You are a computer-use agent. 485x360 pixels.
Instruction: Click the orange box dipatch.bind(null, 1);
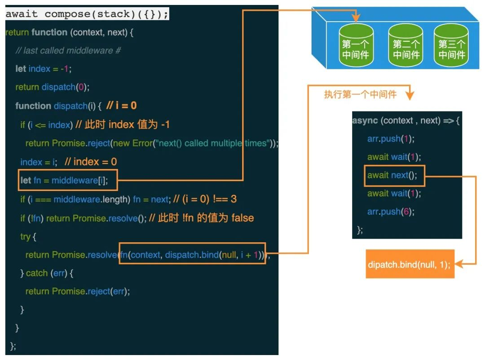[410, 264]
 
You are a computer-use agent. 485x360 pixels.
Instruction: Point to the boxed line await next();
[392, 175]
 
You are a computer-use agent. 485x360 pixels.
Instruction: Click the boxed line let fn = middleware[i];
[68, 180]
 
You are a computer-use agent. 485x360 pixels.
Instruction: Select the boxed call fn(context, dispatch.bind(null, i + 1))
[192, 255]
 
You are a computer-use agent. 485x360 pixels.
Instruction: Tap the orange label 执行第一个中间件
[360, 94]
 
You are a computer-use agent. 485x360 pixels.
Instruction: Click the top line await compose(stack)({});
[87, 14]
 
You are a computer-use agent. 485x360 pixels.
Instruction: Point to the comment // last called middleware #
[68, 50]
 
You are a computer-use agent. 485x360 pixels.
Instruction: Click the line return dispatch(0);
[49, 87]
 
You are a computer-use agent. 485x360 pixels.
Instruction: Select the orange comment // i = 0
[122, 106]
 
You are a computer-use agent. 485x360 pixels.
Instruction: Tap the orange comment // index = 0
[91, 162]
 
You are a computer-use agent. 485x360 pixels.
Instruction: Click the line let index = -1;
[44, 69]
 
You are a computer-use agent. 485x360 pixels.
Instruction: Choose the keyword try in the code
[25, 237]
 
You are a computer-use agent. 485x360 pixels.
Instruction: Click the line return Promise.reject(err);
[77, 292]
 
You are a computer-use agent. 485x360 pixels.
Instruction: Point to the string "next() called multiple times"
[212, 143]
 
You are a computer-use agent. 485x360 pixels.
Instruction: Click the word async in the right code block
[365, 120]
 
